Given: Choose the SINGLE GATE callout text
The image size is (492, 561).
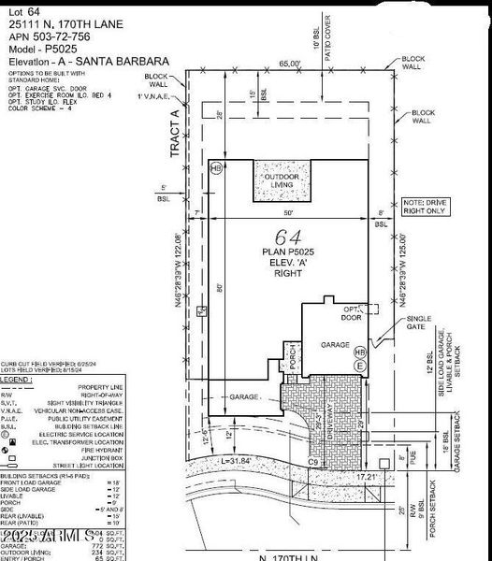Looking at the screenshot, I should pyautogui.click(x=419, y=324).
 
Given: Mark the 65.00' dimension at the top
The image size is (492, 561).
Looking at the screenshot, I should pyautogui.click(x=290, y=64).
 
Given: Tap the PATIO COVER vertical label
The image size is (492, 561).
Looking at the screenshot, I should pyautogui.click(x=327, y=36).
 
